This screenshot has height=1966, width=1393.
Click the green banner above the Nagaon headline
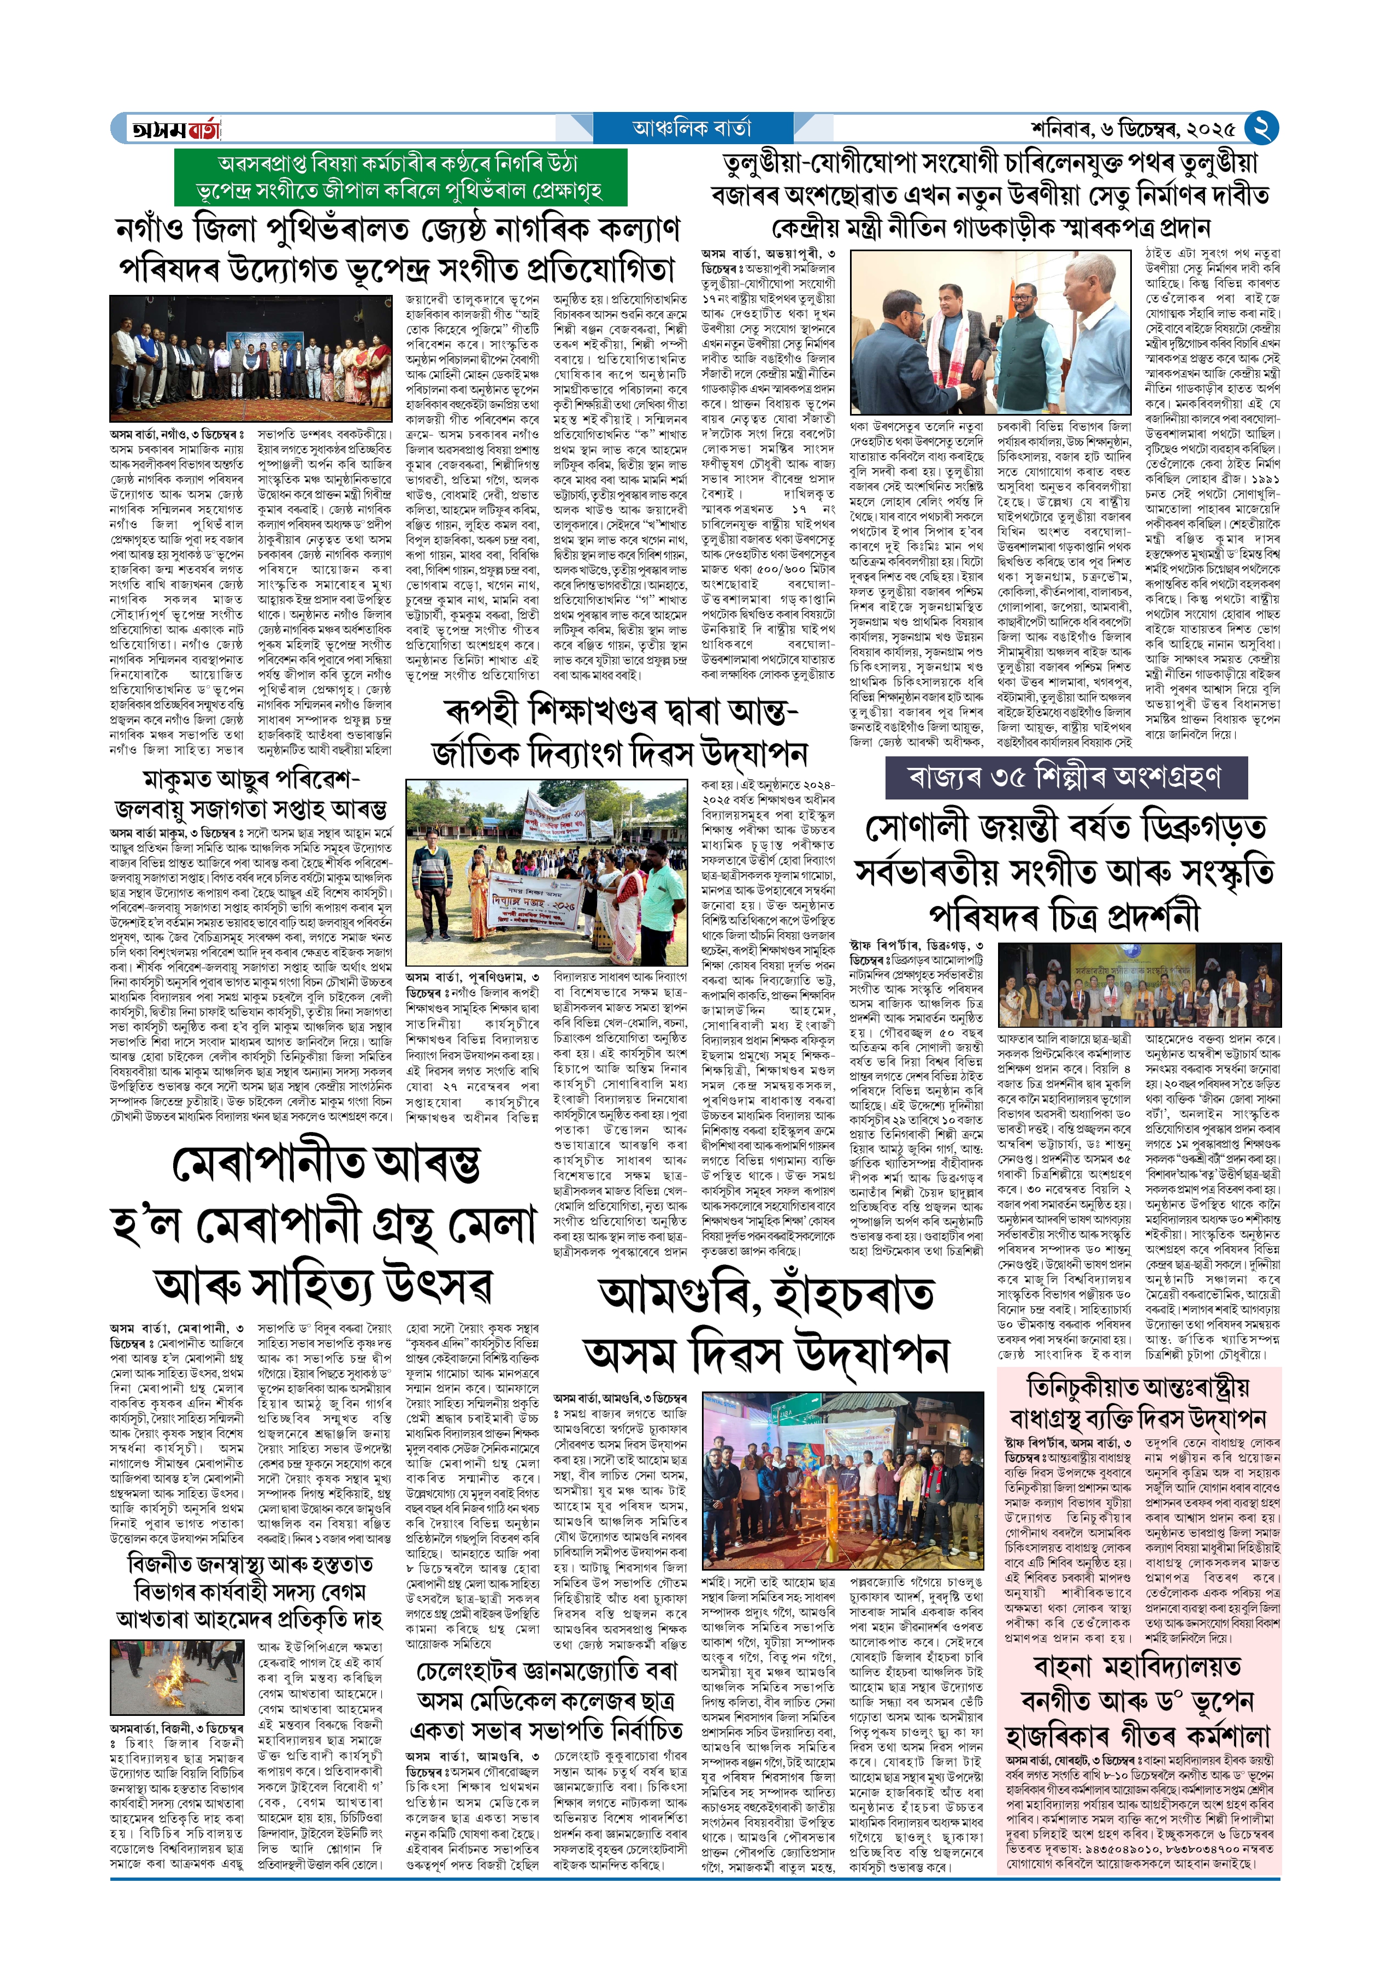[400, 176]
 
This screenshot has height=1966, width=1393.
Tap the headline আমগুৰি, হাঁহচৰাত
[767, 1295]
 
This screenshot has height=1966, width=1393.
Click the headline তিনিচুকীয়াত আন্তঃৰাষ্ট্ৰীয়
[1138, 1387]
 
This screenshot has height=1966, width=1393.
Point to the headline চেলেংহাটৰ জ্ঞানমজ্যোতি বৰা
[546, 1671]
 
